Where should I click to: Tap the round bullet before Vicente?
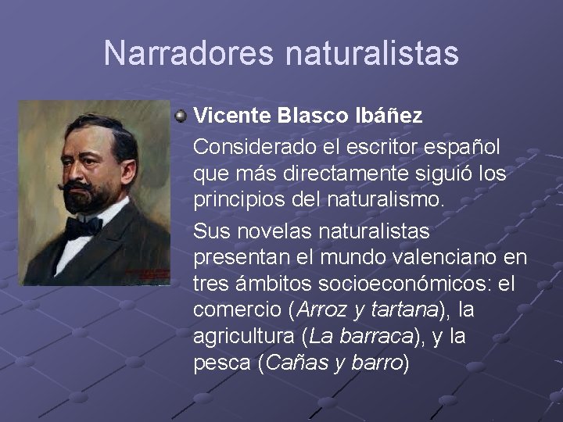181,116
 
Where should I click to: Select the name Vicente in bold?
231,116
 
